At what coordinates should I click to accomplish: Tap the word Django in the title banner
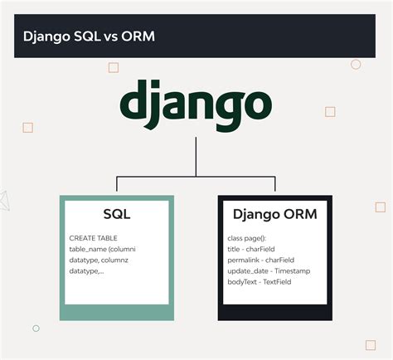[x=46, y=36]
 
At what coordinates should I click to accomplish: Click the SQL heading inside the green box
[x=117, y=215]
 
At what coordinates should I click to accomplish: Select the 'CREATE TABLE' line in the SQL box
[x=94, y=238]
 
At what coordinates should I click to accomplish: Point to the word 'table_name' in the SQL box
[x=87, y=249]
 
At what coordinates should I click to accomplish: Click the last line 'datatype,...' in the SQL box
[x=87, y=271]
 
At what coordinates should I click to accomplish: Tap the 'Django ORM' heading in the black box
[x=274, y=215]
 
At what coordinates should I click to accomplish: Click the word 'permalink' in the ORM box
[x=243, y=260]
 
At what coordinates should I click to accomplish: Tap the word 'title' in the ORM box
[x=234, y=249]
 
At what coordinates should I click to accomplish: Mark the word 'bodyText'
[x=240, y=283]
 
